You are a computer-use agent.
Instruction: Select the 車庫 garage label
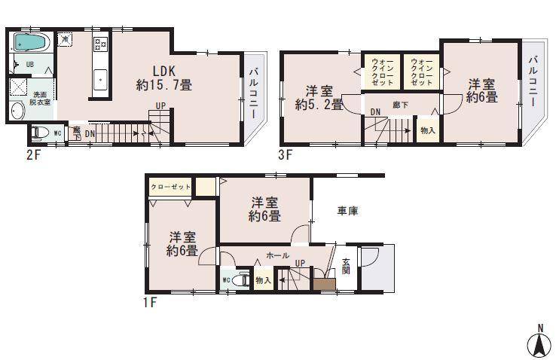coord(347,212)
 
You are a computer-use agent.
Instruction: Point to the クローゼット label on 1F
coord(170,186)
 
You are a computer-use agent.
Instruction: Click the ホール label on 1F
coord(278,255)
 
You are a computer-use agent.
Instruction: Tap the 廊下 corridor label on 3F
coord(401,105)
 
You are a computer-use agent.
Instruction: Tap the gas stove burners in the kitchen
coord(100,44)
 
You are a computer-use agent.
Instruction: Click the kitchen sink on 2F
coord(99,76)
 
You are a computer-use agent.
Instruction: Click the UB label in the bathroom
coord(29,66)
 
